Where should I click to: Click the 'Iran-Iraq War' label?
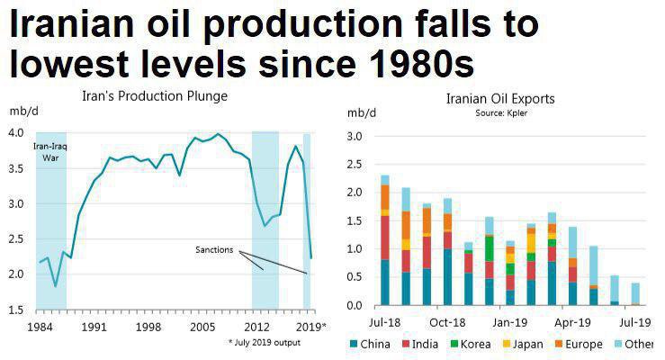point(50,152)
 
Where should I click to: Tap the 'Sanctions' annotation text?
point(215,248)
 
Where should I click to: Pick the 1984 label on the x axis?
point(39,326)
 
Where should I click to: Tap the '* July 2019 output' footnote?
point(264,342)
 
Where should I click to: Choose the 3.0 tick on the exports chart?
point(354,137)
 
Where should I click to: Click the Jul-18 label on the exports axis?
point(385,321)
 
